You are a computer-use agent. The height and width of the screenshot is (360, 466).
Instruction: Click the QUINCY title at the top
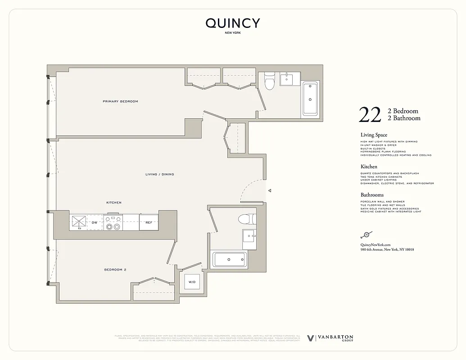(x=233, y=23)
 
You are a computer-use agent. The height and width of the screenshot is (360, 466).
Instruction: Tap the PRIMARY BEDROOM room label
(x=120, y=101)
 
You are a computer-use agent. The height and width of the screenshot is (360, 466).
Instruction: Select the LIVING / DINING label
(x=159, y=174)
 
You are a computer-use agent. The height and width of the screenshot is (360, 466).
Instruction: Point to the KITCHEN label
(x=114, y=202)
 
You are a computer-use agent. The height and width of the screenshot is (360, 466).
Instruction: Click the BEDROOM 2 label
(x=115, y=270)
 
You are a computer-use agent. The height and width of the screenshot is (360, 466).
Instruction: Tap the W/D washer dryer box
(x=192, y=282)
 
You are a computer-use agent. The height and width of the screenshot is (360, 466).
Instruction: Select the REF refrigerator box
(x=149, y=222)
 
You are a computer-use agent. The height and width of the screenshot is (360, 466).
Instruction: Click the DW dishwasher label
(x=95, y=222)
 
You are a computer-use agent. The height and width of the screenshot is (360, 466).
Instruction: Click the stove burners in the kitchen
(x=113, y=222)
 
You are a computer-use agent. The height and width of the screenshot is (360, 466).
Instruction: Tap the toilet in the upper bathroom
(x=269, y=81)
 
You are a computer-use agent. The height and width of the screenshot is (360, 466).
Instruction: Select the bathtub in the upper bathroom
(x=310, y=99)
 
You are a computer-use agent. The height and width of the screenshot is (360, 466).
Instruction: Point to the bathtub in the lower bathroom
(x=230, y=260)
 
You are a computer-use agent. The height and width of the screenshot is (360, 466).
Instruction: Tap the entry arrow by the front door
(x=269, y=191)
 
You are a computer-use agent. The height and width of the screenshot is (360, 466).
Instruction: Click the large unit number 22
(x=370, y=115)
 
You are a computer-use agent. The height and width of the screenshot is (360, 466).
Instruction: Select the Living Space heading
(x=374, y=135)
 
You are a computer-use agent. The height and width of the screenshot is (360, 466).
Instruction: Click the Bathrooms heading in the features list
(x=372, y=195)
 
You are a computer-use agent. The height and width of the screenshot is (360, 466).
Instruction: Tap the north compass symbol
(x=366, y=234)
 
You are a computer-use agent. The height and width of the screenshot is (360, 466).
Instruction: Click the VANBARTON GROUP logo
(x=330, y=338)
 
